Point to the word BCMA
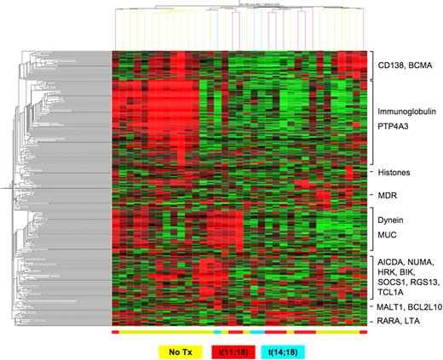tap(424, 64)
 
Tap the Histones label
tap(397, 173)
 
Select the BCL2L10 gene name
tap(429, 304)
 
